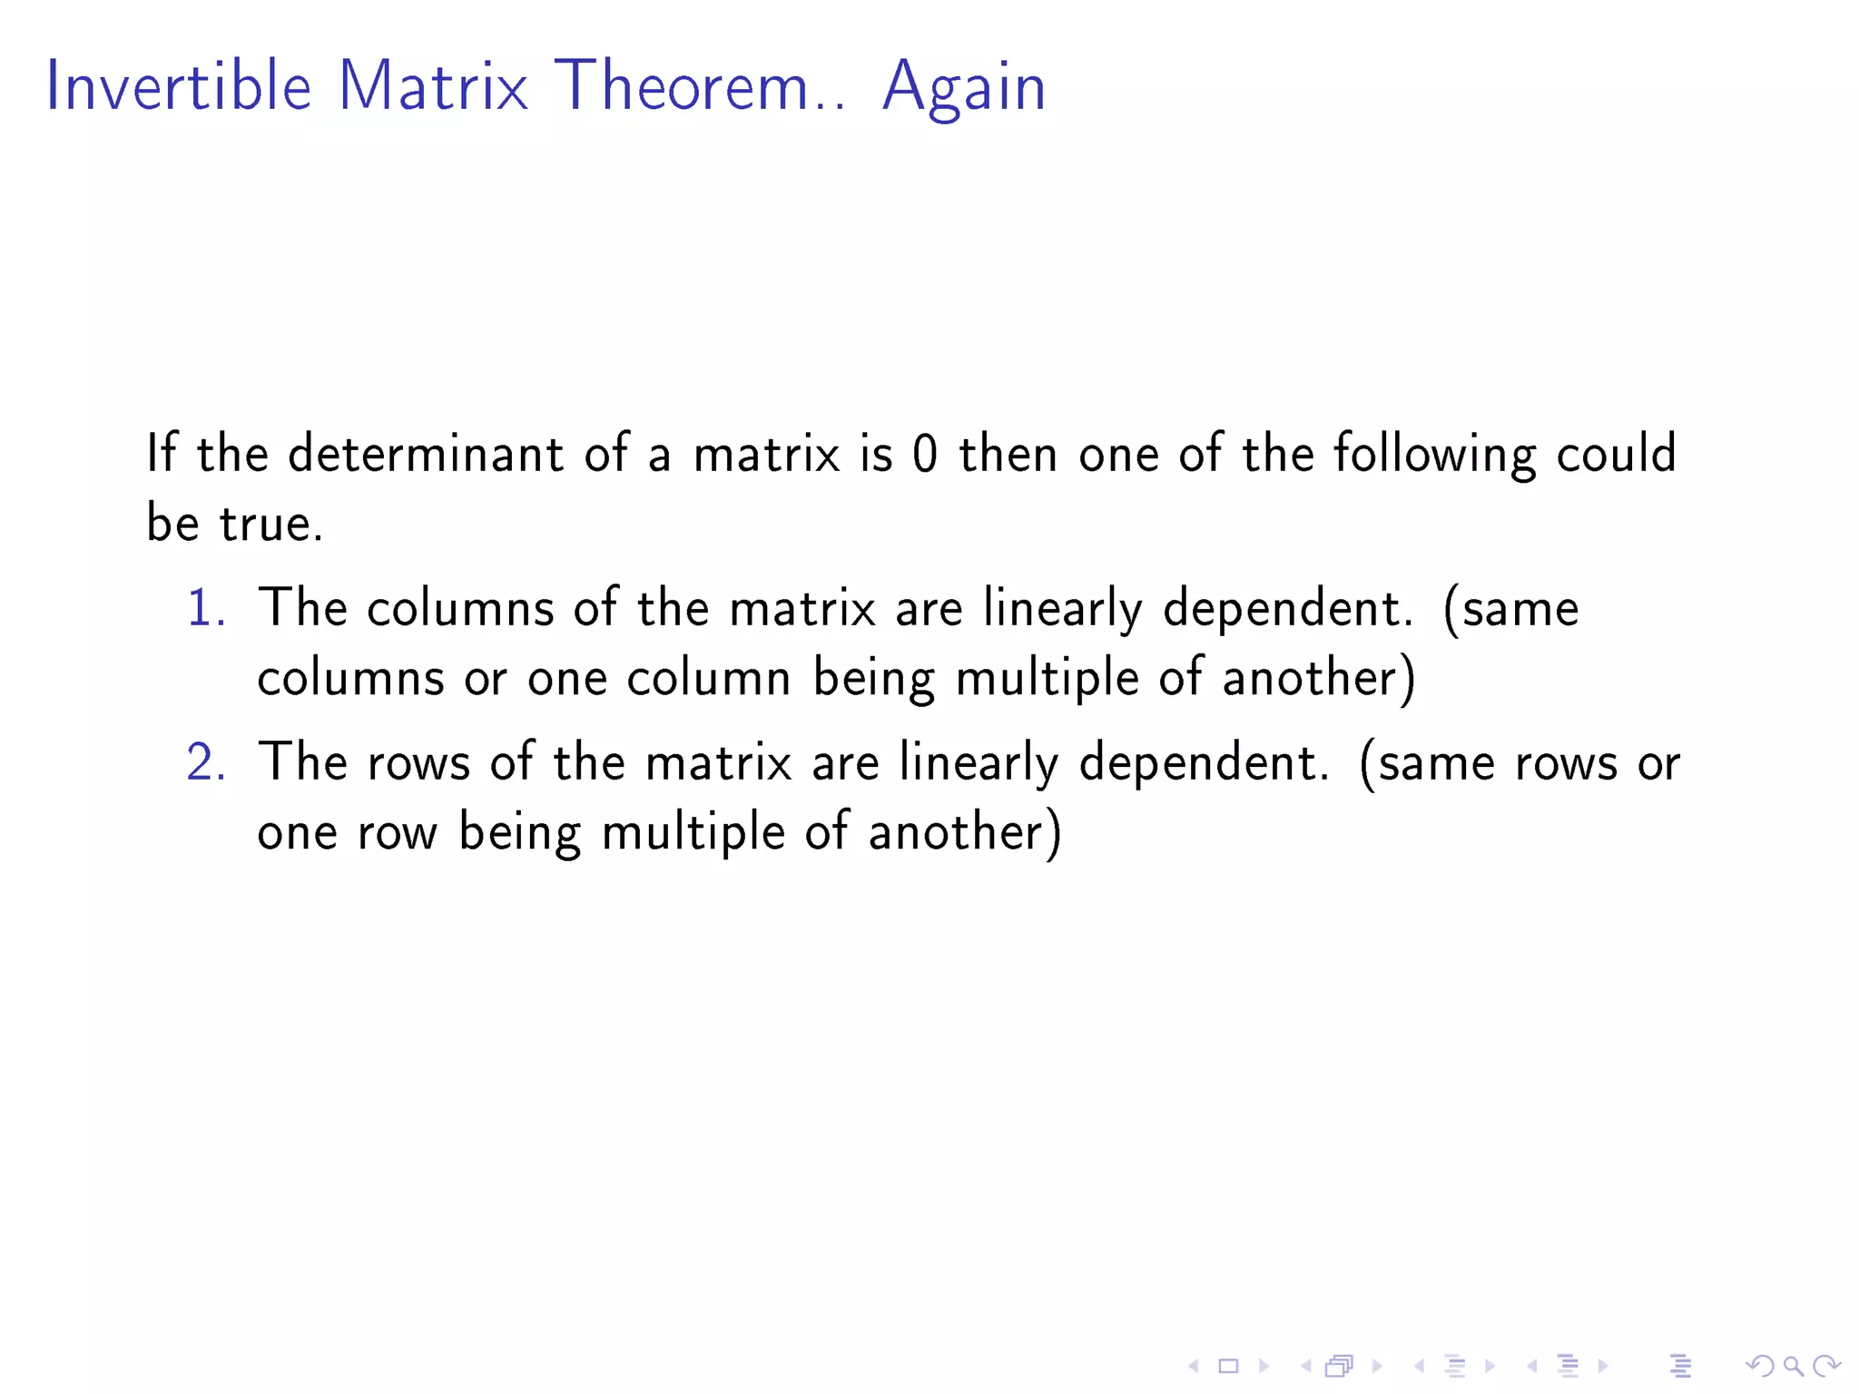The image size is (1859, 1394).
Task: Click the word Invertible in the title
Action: (x=179, y=86)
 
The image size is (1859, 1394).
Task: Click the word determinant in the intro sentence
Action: (x=425, y=454)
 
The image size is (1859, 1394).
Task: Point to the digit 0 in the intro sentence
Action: (x=924, y=454)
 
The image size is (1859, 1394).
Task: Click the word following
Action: (x=1434, y=454)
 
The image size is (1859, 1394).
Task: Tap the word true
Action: (x=270, y=524)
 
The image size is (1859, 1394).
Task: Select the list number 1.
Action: (x=205, y=607)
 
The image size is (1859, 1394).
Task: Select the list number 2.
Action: (x=205, y=761)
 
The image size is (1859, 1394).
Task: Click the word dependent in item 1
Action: (x=1287, y=607)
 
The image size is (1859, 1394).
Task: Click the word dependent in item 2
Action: (x=1204, y=761)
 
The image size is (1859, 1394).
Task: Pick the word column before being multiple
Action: (x=708, y=678)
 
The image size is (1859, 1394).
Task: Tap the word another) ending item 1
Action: (x=1319, y=678)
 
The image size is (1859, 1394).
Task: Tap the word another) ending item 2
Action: (x=964, y=832)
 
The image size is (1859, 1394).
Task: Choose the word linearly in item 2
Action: (x=979, y=763)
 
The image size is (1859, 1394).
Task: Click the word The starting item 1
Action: (x=302, y=607)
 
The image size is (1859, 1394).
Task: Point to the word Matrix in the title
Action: (x=432, y=86)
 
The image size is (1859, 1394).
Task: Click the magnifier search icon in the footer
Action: (x=1793, y=1365)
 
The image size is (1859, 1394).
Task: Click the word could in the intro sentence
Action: (x=1616, y=454)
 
